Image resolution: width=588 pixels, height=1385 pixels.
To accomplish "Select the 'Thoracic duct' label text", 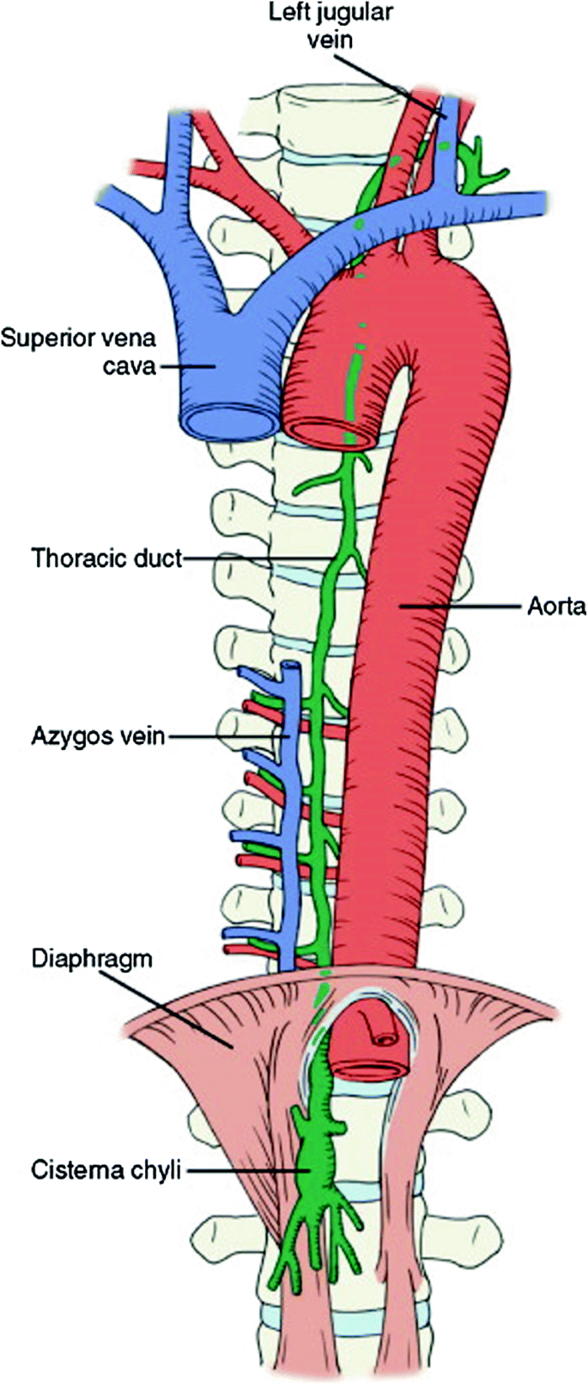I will [107, 558].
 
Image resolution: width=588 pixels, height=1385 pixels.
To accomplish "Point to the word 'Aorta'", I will [556, 607].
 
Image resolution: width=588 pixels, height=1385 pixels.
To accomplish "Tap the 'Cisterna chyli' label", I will [106, 1169].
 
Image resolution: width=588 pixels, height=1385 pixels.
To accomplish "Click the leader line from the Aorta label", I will [464, 607].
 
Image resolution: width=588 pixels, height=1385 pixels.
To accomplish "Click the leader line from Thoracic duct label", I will [258, 558].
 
